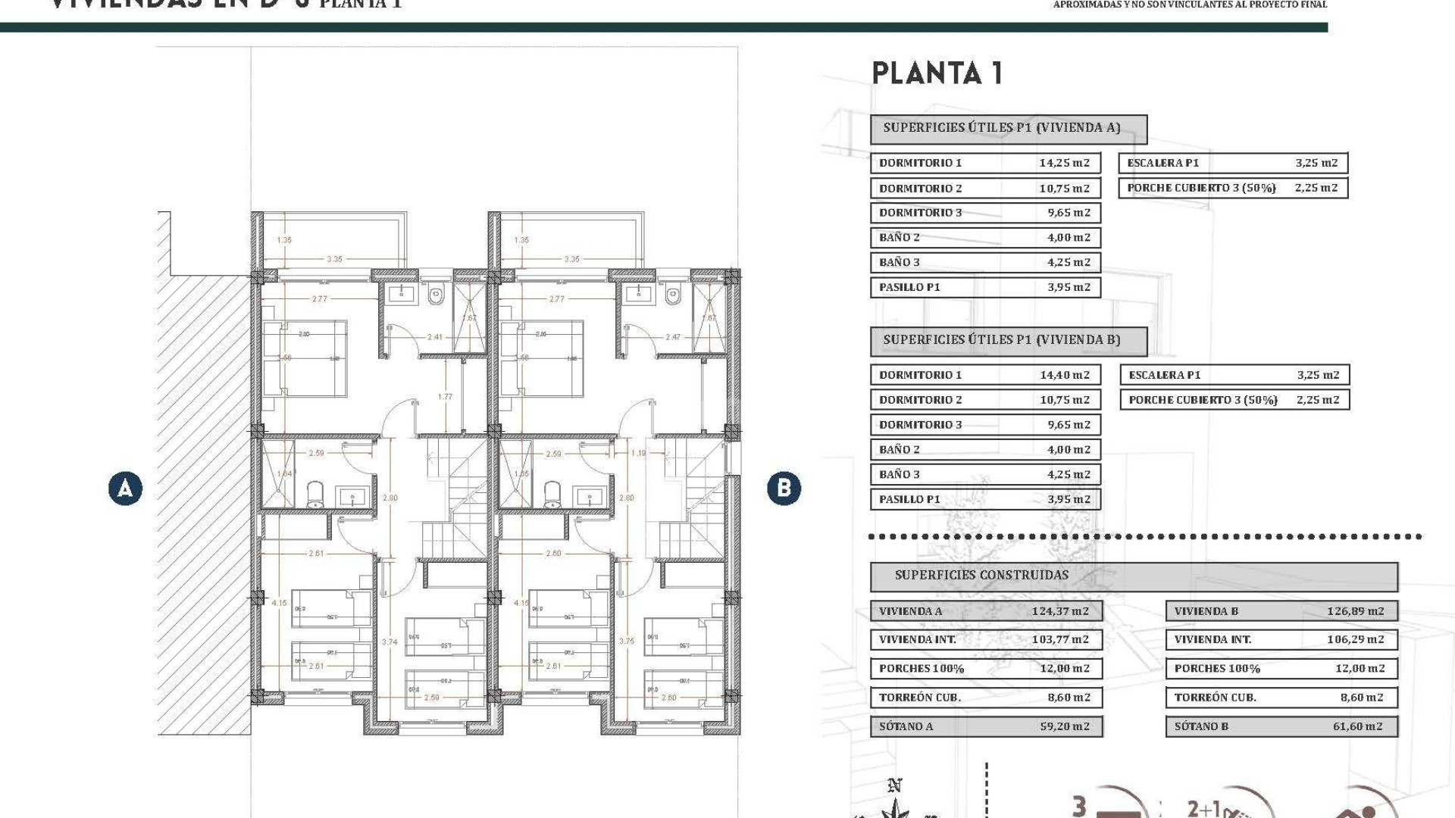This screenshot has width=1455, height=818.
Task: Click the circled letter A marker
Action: (x=125, y=489)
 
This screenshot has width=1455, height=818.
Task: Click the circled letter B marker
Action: (x=784, y=489)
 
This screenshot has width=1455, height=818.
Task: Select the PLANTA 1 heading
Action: (x=937, y=73)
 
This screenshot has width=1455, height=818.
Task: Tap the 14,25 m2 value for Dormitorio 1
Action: (x=1064, y=163)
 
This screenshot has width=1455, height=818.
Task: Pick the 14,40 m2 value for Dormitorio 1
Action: (x=1064, y=375)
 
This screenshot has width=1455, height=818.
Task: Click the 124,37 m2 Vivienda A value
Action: (x=1059, y=611)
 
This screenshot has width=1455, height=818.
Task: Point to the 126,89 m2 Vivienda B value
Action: (x=1355, y=611)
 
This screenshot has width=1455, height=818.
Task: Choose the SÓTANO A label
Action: (x=906, y=726)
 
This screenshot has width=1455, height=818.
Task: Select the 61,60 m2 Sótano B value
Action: (x=1357, y=726)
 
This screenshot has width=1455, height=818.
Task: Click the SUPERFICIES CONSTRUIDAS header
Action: (x=981, y=576)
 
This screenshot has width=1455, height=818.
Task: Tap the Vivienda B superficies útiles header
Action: (x=1001, y=340)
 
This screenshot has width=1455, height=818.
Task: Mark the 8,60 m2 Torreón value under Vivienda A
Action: (x=1069, y=698)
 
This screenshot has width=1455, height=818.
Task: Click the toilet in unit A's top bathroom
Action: (x=435, y=294)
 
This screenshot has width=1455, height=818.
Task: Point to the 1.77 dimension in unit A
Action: (x=445, y=397)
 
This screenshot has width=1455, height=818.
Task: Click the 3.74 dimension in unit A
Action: (x=390, y=642)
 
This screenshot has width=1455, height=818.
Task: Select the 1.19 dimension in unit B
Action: (x=639, y=454)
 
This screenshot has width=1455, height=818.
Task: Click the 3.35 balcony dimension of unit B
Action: (x=571, y=259)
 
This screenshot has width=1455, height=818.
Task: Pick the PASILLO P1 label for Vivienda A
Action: (x=909, y=287)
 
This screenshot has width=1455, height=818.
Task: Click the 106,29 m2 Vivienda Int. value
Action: (x=1355, y=639)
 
